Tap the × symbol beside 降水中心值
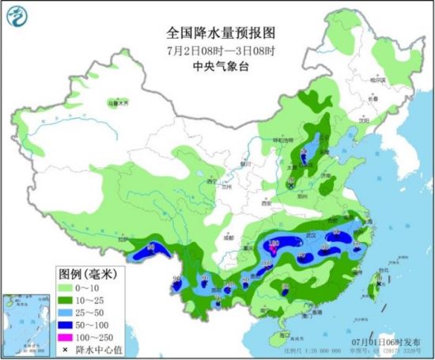66,349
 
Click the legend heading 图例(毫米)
86,273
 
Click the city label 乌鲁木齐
117,104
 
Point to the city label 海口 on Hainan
278,335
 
